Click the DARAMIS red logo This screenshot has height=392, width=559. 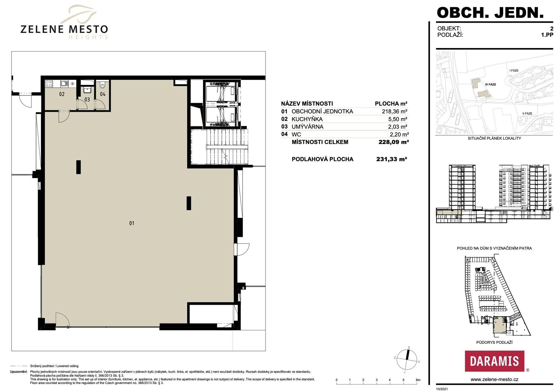494,361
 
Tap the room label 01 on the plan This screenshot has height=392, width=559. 132,223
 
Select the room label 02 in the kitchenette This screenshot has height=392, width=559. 62,94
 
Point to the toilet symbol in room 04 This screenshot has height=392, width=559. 102,85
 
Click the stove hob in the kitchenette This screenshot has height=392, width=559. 49,84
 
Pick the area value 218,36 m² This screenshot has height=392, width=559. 395,111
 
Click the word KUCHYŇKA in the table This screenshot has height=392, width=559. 307,119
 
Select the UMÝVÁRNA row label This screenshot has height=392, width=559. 307,127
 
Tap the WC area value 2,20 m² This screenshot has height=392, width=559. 399,134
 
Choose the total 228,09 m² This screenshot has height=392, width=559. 394,142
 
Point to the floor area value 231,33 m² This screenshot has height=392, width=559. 392,159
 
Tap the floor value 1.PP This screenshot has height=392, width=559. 547,35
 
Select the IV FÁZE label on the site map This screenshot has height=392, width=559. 491,84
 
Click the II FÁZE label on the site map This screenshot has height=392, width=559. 527,113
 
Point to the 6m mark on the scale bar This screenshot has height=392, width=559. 418,380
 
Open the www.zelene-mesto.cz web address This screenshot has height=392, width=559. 494,379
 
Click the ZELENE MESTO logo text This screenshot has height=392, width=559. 64,29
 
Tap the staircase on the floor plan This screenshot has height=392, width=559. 220,147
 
